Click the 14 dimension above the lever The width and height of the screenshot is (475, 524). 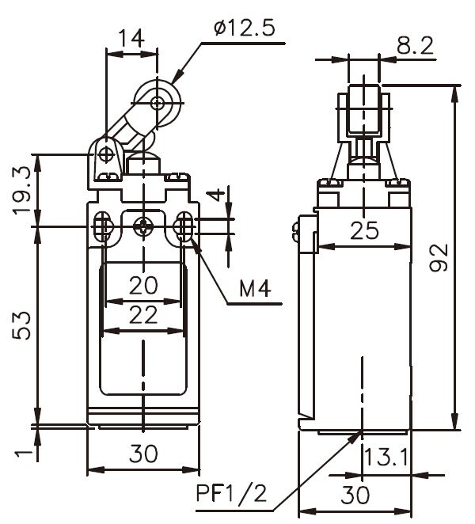(131, 38)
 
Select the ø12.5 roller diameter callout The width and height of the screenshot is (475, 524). (244, 30)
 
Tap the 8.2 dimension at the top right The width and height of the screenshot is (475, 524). (415, 47)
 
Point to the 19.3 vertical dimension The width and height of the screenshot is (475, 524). (25, 190)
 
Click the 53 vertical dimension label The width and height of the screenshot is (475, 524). (25, 325)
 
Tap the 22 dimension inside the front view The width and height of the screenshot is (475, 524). (143, 315)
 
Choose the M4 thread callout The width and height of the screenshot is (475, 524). (255, 290)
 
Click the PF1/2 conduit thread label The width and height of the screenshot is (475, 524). (232, 496)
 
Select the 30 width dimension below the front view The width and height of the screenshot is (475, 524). (142, 454)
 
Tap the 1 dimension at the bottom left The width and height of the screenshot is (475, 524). (25, 453)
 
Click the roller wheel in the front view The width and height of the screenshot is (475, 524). (158, 102)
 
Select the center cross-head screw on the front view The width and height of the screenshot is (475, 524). (142, 227)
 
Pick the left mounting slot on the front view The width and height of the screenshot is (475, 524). (103, 227)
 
